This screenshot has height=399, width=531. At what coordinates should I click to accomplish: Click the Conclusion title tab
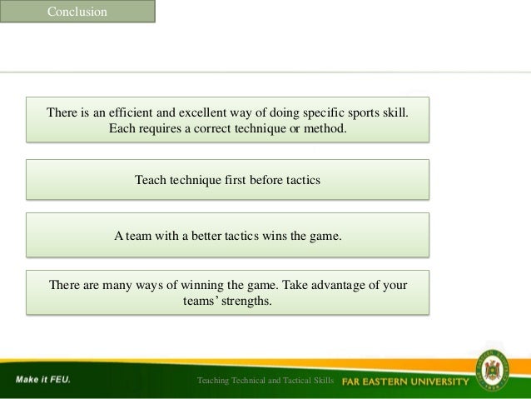click(x=77, y=12)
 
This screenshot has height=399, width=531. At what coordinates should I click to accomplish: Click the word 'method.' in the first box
click(x=324, y=130)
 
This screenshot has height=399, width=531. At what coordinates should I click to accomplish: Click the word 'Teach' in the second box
click(x=151, y=179)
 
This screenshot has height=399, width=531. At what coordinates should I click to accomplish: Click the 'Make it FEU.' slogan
click(x=42, y=380)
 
